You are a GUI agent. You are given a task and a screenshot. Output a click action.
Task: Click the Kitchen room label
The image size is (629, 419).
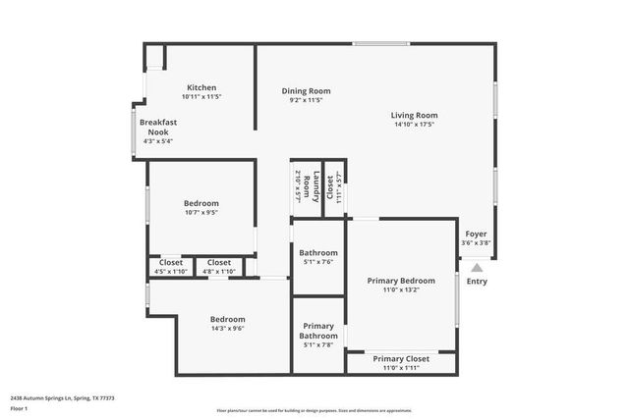(x=200, y=87)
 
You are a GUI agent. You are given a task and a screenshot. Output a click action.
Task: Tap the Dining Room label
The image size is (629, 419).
(x=306, y=91)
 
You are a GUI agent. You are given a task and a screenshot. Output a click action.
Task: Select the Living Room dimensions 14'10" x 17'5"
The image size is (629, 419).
(x=414, y=125)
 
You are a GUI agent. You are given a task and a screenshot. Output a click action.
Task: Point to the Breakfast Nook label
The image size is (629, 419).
(x=157, y=127)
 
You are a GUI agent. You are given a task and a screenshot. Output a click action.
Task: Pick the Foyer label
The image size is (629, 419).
(x=476, y=235)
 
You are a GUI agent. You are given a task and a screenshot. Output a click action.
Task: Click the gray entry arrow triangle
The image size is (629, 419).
(x=476, y=267)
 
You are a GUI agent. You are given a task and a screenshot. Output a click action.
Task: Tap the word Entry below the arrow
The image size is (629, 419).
(x=476, y=282)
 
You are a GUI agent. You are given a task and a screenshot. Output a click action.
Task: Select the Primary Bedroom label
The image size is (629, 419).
(x=401, y=281)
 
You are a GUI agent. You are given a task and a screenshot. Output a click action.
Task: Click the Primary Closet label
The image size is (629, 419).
(x=401, y=359)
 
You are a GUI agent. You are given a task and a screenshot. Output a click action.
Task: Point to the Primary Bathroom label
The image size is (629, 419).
(x=318, y=331)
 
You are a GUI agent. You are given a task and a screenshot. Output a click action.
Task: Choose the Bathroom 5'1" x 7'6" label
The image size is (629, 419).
(x=318, y=252)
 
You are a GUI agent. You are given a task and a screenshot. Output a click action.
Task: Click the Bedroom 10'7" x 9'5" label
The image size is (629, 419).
(x=200, y=203)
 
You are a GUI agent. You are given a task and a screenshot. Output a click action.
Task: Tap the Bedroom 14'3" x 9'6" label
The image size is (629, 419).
(x=227, y=319)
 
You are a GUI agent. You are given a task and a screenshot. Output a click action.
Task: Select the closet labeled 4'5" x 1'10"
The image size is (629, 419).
(x=171, y=263)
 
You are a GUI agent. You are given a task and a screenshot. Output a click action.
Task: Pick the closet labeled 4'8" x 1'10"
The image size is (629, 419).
(x=219, y=263)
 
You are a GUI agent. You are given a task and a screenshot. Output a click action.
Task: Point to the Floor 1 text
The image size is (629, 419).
(x=20, y=410)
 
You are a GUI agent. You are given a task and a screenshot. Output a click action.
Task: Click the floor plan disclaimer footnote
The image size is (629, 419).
(x=314, y=410)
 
